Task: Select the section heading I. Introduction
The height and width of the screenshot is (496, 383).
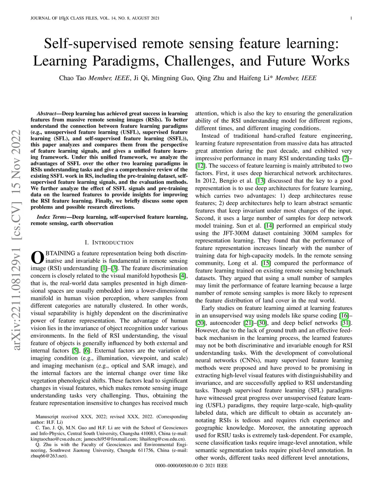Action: [109, 243]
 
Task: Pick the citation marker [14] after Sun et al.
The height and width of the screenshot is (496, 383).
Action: [269, 226]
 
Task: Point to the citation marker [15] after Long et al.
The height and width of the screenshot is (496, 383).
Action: [266, 263]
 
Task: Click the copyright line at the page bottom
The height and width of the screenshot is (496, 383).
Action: [191, 466]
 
